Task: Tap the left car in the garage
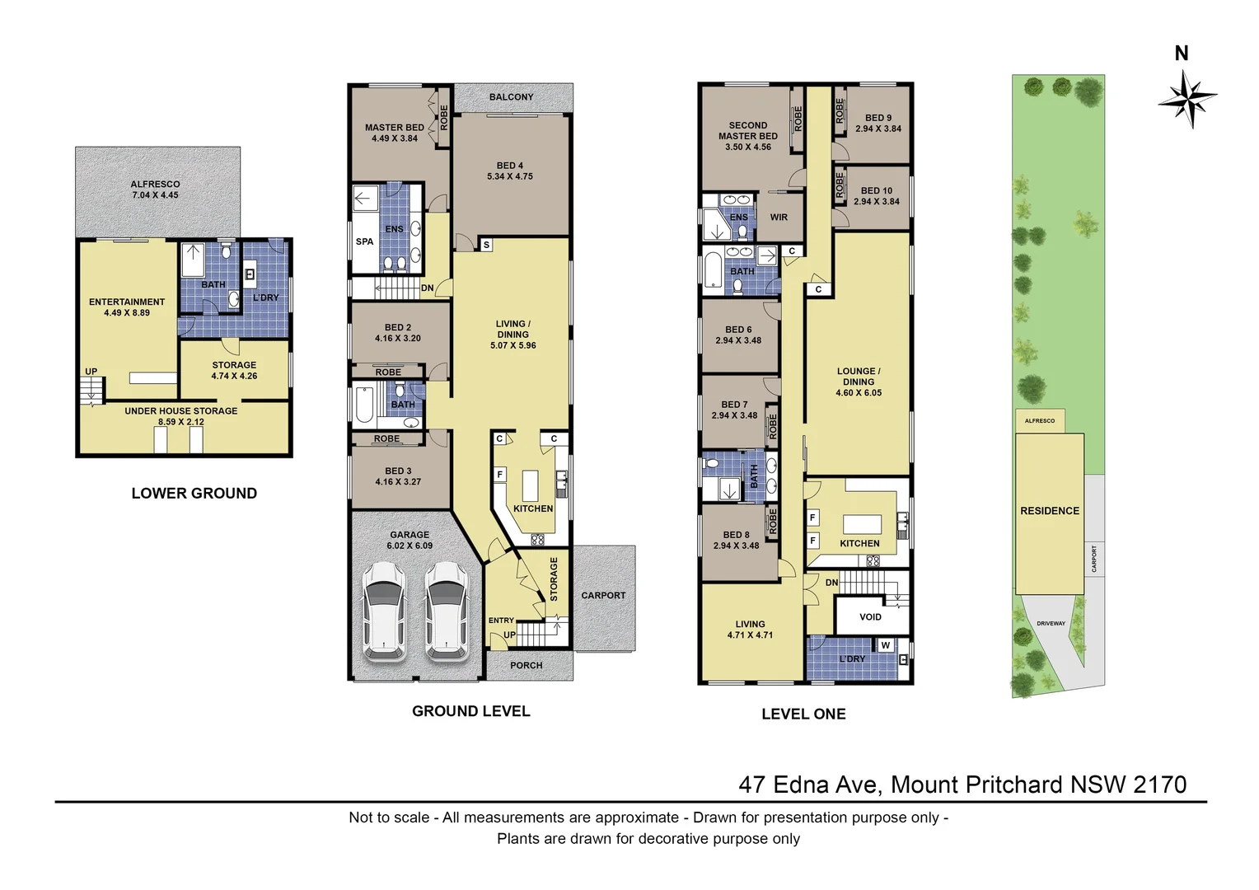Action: click(383, 611)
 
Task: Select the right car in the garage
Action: click(446, 611)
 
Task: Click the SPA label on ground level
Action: click(364, 241)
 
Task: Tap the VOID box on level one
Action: click(870, 616)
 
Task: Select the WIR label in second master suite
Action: click(779, 218)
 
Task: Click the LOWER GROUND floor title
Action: click(194, 494)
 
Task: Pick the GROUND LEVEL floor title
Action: click(470, 711)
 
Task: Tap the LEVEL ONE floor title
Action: click(803, 714)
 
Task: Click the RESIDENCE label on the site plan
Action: click(1049, 511)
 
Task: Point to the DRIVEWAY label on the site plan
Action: click(1051, 624)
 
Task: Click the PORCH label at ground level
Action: click(526, 665)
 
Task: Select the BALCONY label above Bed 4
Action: click(511, 97)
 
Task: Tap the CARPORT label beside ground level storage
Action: click(603, 595)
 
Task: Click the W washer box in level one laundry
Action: click(885, 645)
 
